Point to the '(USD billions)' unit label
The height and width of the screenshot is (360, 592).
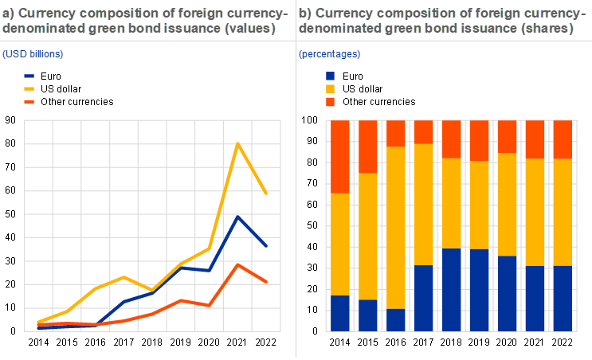click(33, 54)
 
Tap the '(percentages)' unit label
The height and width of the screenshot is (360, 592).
click(329, 54)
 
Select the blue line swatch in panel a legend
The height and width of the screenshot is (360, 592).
click(29, 76)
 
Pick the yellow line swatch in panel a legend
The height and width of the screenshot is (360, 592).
click(29, 88)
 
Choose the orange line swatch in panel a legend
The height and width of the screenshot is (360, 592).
click(29, 102)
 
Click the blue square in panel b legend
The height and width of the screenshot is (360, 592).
click(331, 76)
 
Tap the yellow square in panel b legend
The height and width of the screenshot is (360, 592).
click(331, 88)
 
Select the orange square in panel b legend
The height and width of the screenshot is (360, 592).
click(331, 102)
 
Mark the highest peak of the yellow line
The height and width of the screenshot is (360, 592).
click(237, 144)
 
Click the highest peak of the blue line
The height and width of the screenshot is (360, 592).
click(237, 216)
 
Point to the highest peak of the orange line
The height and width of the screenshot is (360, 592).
click(237, 264)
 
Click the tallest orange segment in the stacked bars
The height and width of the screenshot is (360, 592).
click(340, 157)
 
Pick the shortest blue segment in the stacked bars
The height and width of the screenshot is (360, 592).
click(395, 319)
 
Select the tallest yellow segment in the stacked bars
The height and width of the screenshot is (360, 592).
click(395, 227)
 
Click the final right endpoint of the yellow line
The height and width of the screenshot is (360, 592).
click(266, 193)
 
